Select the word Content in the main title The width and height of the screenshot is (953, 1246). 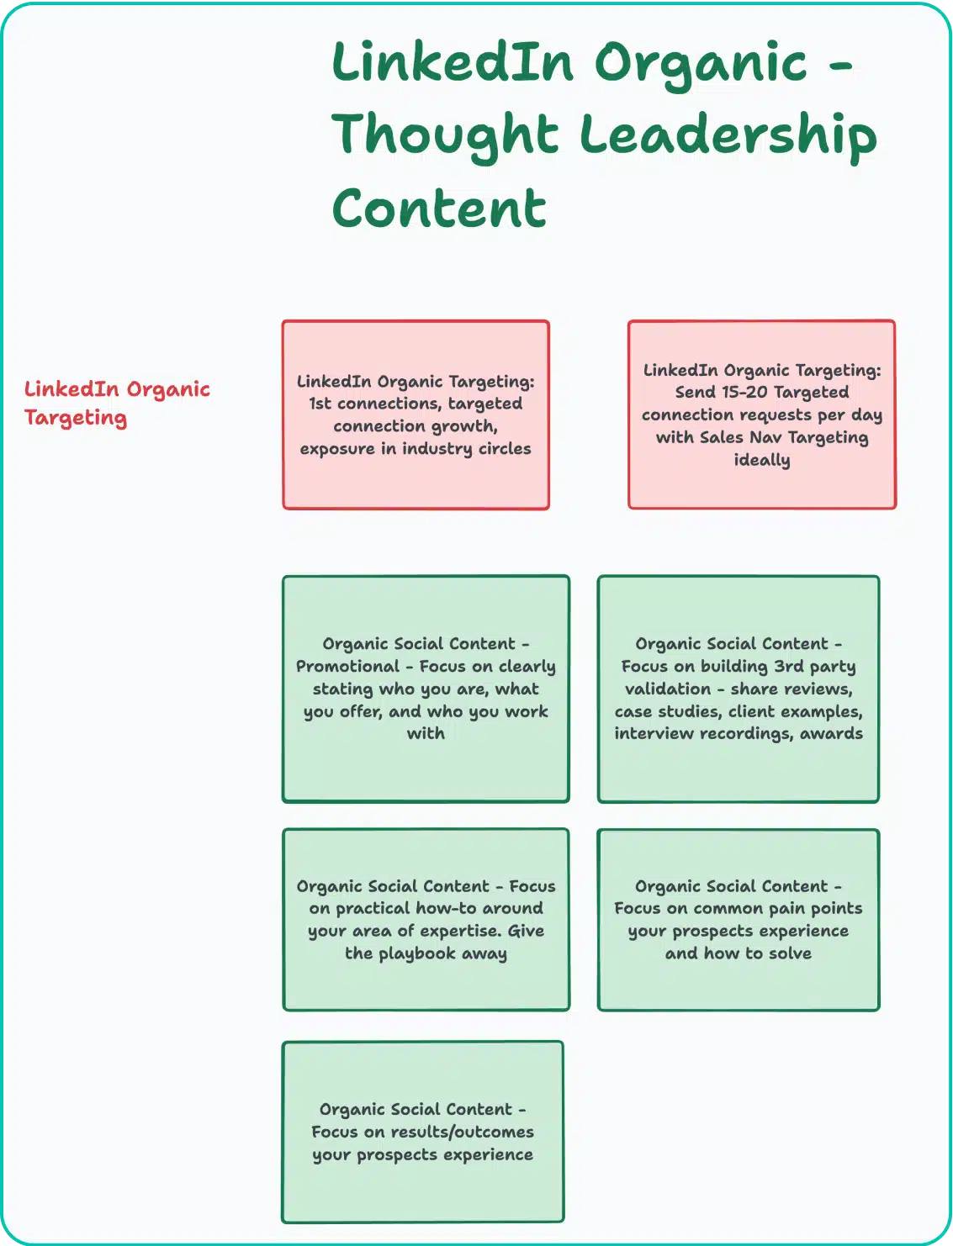pyautogui.click(x=439, y=209)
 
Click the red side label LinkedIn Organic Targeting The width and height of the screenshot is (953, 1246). pyautogui.click(x=117, y=403)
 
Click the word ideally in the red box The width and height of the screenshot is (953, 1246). pyautogui.click(x=761, y=460)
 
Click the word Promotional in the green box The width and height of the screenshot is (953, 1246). pyautogui.click(x=347, y=666)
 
